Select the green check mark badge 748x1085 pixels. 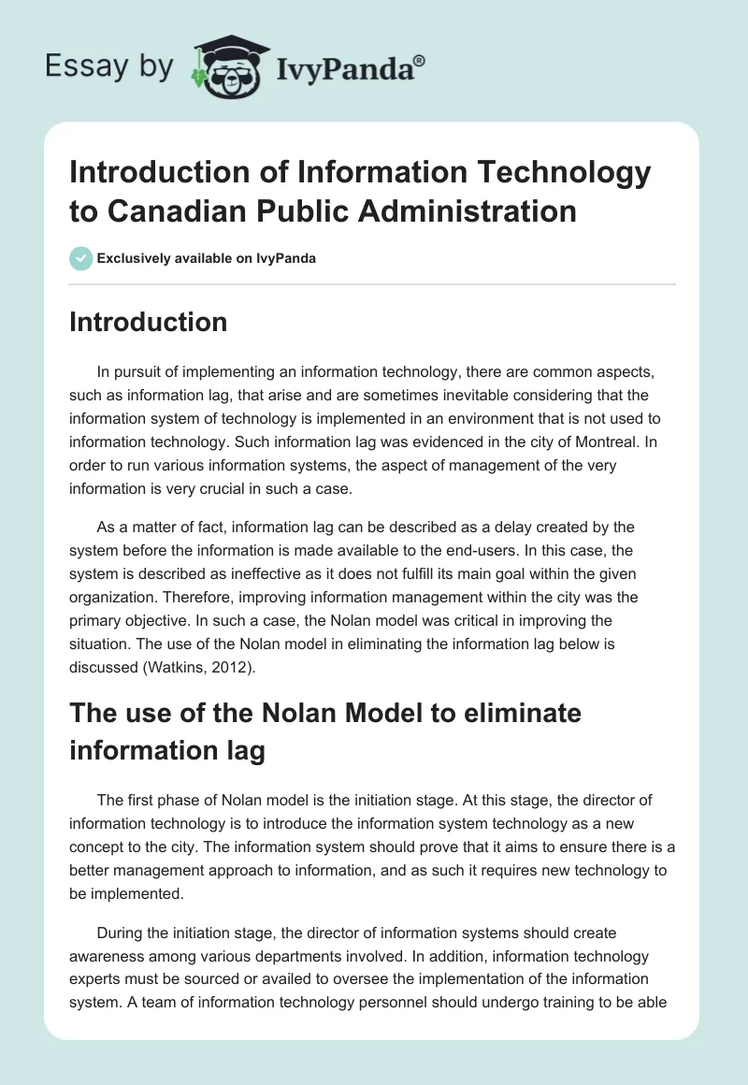[81, 258]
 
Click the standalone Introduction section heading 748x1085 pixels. [149, 322]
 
